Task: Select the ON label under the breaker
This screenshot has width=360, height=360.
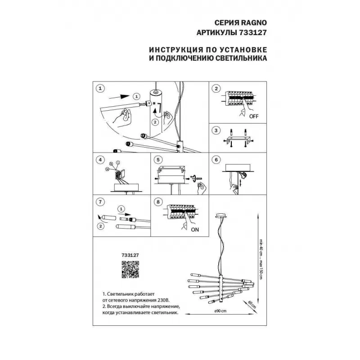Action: pyautogui.click(x=194, y=229)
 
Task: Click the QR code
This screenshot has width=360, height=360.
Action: pyautogui.click(x=130, y=270)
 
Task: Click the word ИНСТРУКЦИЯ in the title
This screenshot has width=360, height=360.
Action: pyautogui.click(x=172, y=49)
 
